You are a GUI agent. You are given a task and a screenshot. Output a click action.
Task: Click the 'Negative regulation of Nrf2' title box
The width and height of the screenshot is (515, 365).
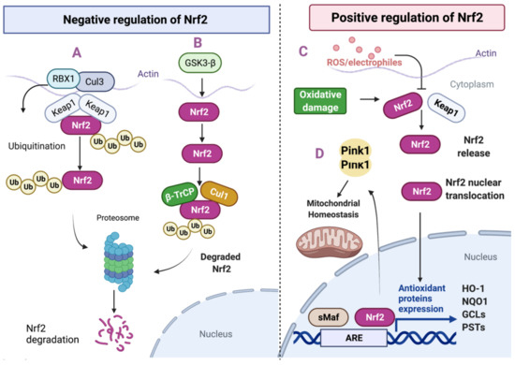(x=128, y=21)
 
